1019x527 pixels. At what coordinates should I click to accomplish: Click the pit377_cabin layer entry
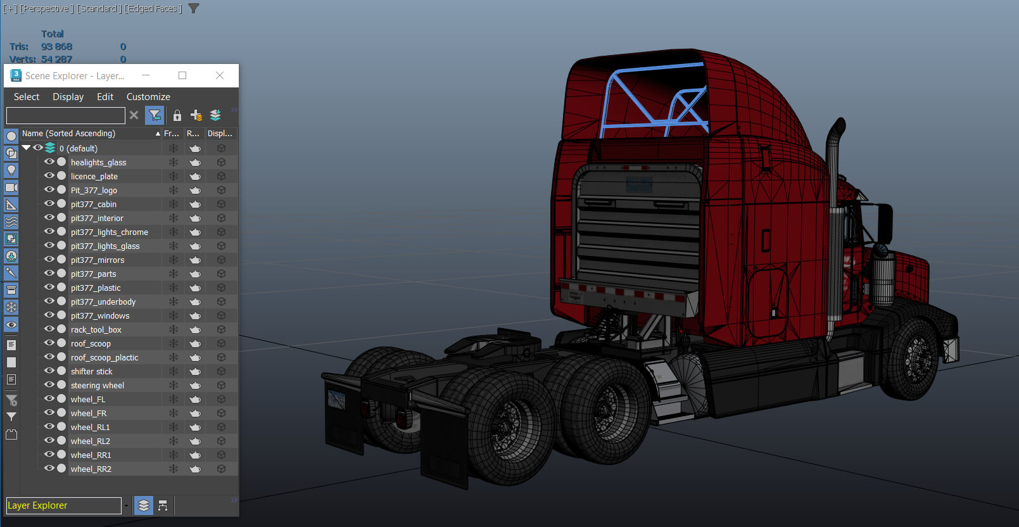(x=94, y=204)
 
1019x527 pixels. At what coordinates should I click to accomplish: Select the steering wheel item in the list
(x=98, y=385)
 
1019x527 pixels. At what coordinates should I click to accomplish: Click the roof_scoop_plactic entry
(x=104, y=357)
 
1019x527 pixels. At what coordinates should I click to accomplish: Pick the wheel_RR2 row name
(x=91, y=469)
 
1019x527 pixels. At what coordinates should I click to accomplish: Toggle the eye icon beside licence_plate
(x=49, y=175)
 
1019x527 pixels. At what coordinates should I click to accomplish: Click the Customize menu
(x=148, y=97)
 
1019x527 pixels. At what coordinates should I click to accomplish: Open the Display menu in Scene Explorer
(x=68, y=97)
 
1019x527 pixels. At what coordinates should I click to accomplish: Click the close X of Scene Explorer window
(x=220, y=75)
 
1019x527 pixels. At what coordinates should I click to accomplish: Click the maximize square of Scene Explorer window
(x=182, y=75)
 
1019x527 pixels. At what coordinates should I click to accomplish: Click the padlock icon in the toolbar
(x=177, y=115)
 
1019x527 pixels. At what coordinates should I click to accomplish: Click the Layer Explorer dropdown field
(x=63, y=505)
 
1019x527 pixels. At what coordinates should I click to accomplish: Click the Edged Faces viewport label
(x=153, y=8)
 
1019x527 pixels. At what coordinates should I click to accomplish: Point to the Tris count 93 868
(x=56, y=46)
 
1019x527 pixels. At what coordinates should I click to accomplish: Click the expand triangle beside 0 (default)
(x=27, y=148)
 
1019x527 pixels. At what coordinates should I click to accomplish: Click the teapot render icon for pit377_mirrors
(x=195, y=260)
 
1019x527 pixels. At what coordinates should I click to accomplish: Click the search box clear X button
(x=134, y=115)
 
